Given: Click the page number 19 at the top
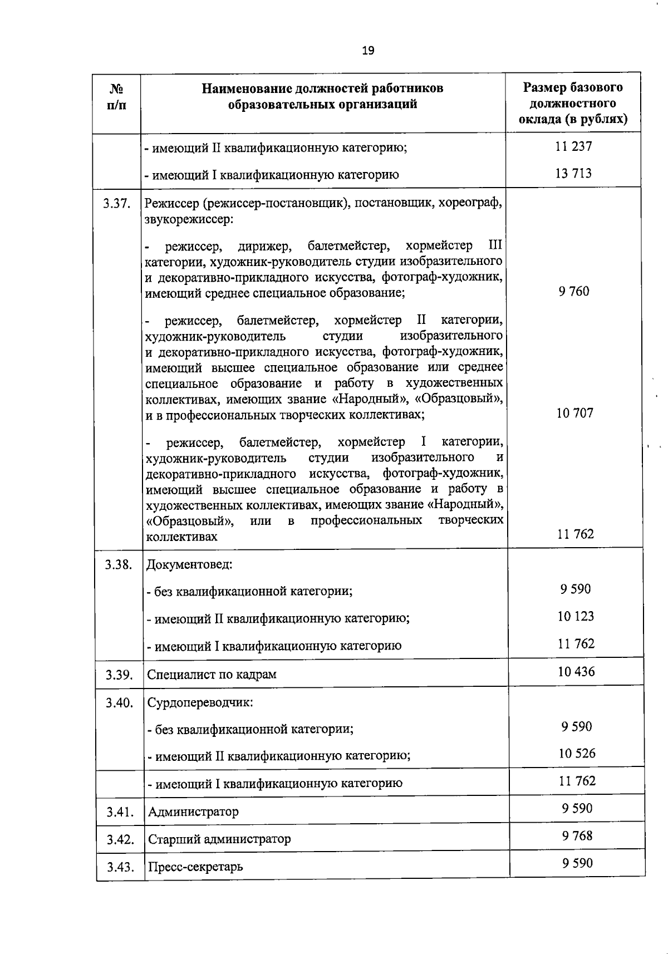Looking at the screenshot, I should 368,51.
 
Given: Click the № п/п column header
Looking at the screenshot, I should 116,97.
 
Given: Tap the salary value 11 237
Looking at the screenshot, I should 573,146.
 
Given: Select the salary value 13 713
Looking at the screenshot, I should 573,173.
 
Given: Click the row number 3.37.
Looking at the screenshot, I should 117,204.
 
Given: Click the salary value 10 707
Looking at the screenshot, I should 575,412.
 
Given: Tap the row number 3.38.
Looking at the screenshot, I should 119,564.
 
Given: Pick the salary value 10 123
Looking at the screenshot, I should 576,616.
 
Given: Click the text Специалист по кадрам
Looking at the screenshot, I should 212,675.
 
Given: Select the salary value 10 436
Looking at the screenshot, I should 576,671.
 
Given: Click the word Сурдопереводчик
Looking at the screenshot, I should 200,702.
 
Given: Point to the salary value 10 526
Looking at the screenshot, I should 577,753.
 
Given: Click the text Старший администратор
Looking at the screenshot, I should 219,839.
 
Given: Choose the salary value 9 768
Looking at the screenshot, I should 577,835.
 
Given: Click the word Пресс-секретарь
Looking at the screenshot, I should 195,867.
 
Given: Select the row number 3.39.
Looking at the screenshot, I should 119,675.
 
